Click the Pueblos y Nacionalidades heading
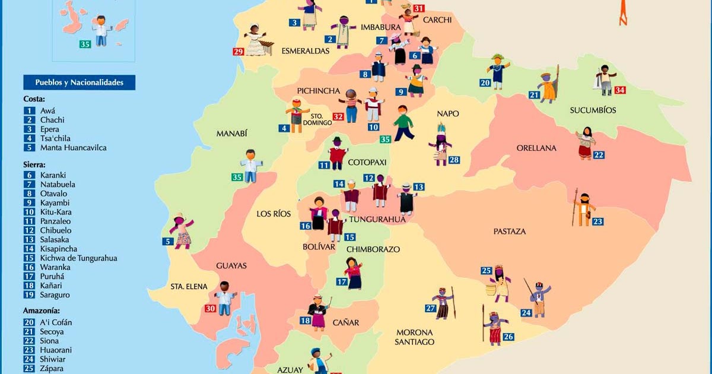(79, 83)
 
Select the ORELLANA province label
(536, 148)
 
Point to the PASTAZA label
(509, 231)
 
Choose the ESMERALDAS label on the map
(306, 51)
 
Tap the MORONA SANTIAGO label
(415, 337)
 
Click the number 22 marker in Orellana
(599, 155)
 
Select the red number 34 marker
(620, 90)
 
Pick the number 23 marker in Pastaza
(597, 222)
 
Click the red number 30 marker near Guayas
(210, 308)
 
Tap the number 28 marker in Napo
(454, 160)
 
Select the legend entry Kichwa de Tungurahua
(78, 258)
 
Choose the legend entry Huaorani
(58, 350)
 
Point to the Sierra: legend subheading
(35, 164)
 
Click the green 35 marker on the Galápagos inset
(85, 44)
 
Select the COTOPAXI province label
(367, 162)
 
